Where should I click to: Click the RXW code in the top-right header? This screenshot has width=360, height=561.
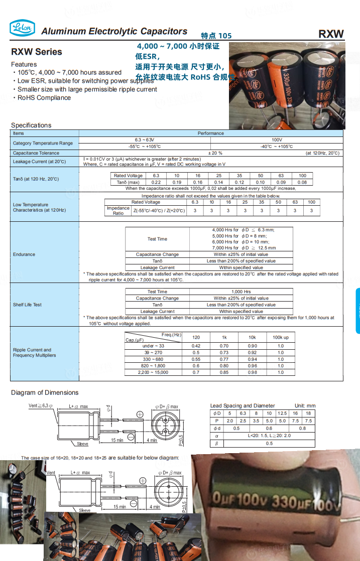tap(331, 34)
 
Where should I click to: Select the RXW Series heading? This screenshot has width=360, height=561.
tap(37, 52)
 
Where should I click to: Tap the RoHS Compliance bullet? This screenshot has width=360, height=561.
tap(44, 98)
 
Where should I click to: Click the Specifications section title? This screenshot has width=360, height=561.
tap(31, 125)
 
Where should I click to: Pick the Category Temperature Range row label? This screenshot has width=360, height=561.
tap(43, 143)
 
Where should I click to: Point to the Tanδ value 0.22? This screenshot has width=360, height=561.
tap(156, 183)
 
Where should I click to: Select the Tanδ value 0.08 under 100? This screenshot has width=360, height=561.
tap(302, 183)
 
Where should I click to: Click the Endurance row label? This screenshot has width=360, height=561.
tap(24, 254)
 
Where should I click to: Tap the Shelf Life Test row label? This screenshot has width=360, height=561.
tap(27, 305)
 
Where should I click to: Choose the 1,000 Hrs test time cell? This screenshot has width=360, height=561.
tap(241, 292)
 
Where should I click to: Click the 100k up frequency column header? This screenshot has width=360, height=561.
tap(280, 338)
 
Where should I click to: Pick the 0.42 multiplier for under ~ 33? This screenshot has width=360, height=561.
tap(196, 346)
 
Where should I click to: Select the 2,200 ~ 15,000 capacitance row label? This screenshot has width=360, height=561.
tap(154, 372)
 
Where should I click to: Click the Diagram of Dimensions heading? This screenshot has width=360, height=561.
tap(45, 392)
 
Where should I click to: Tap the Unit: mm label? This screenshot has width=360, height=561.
tap(305, 405)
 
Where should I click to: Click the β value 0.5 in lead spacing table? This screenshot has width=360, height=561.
tap(269, 444)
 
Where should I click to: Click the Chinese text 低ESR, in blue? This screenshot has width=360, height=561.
tap(147, 56)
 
